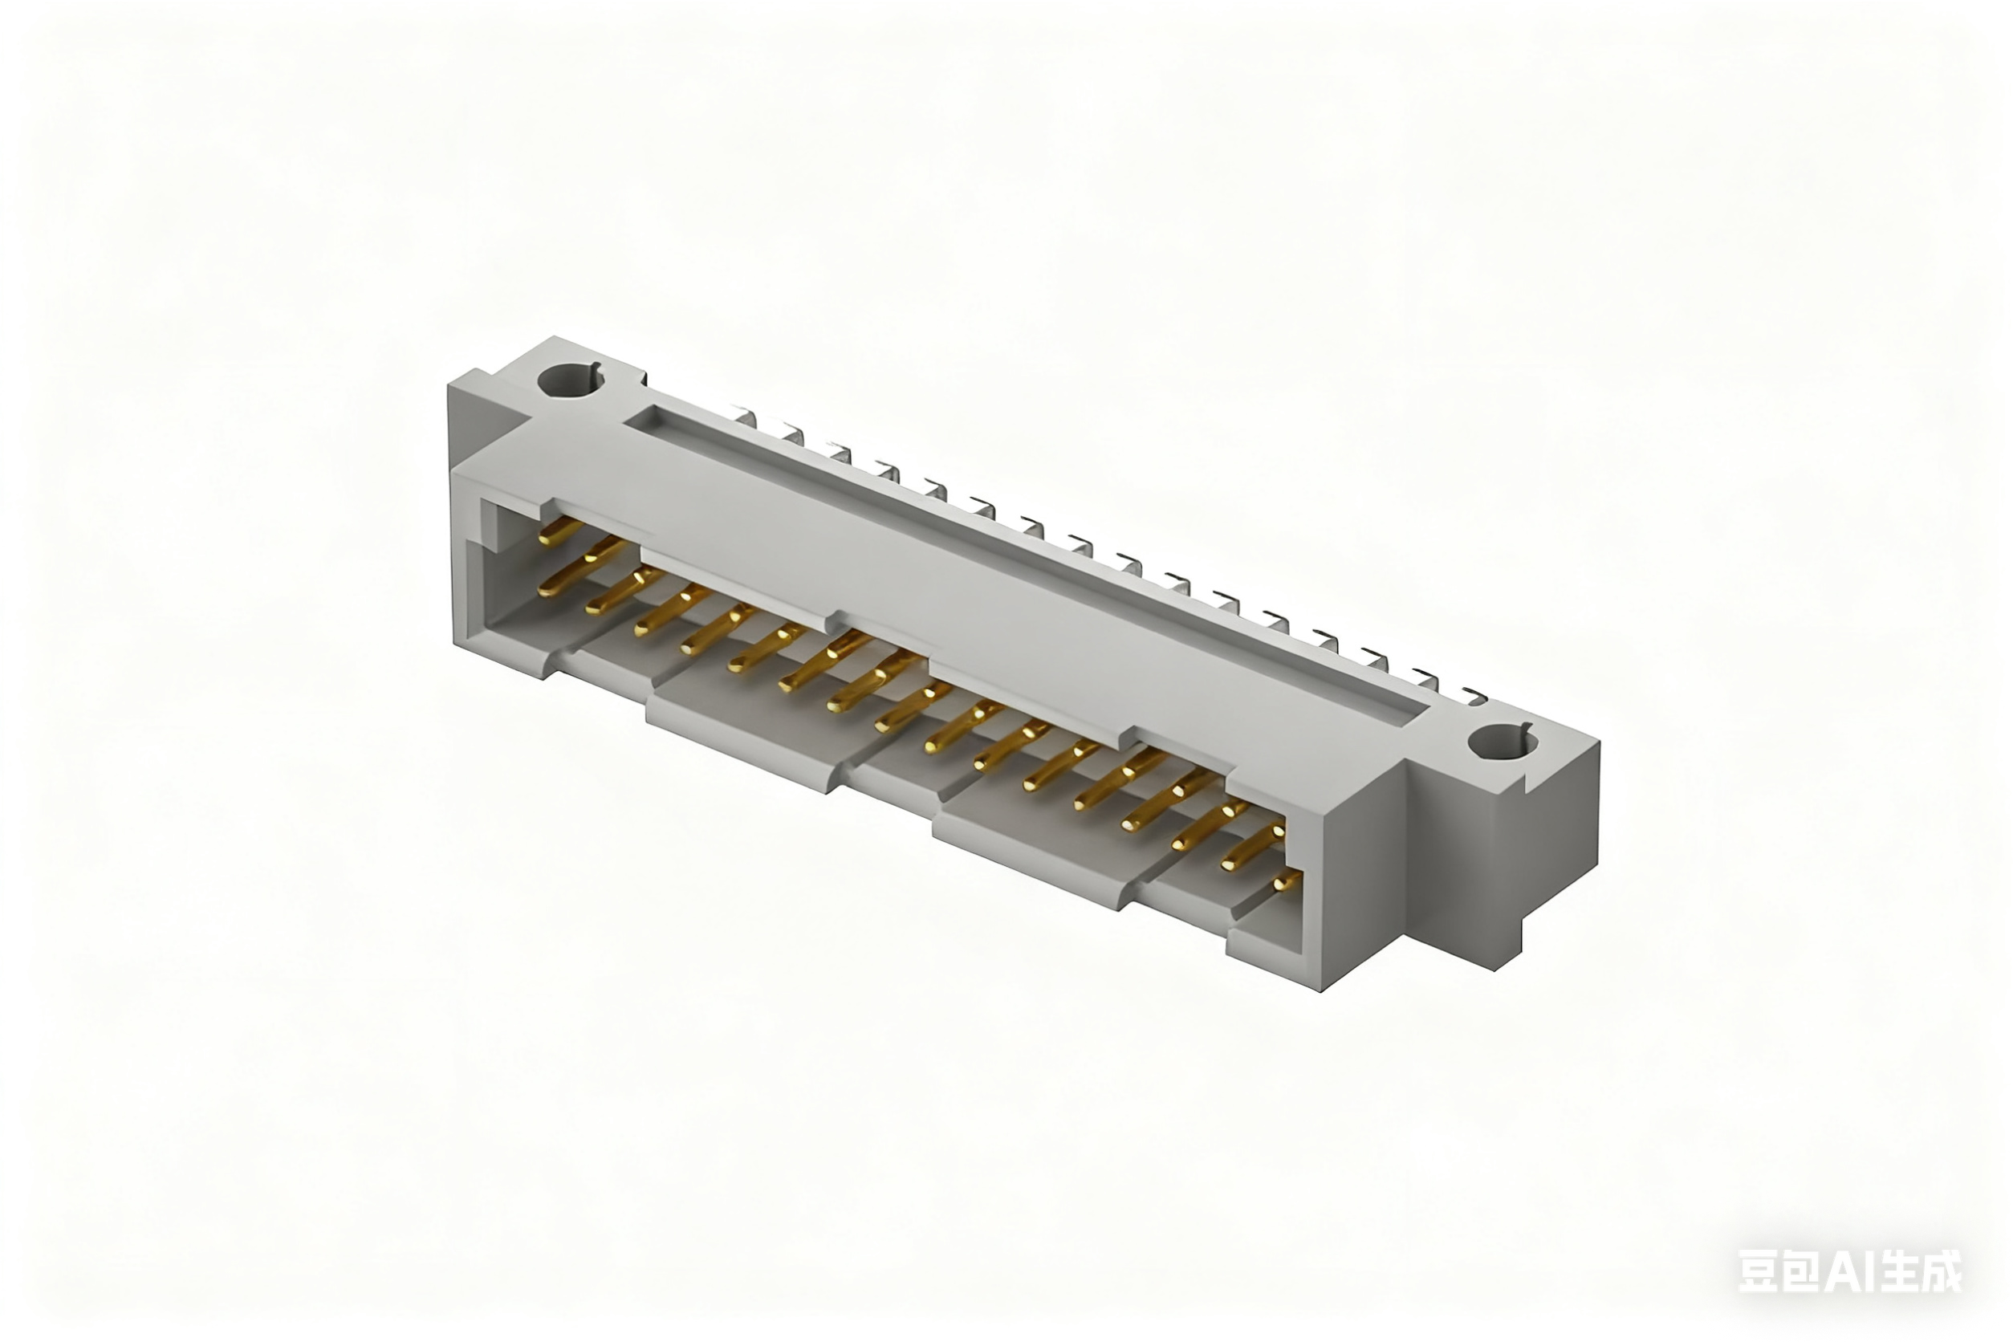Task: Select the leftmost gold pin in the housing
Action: (560, 531)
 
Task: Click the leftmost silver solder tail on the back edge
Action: (747, 417)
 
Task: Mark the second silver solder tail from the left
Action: (793, 435)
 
